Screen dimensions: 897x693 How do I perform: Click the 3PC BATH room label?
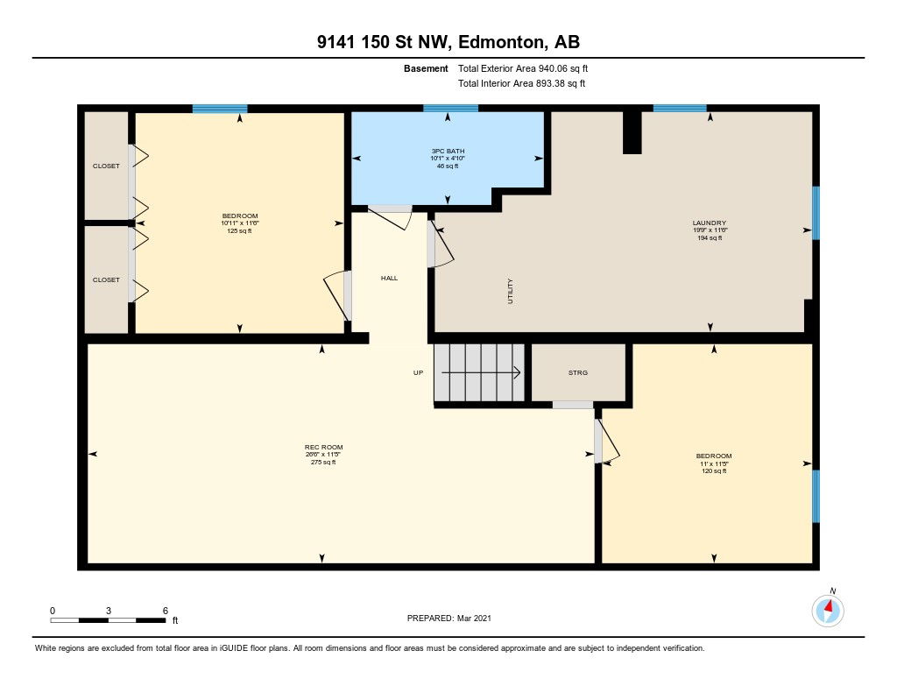coord(448,151)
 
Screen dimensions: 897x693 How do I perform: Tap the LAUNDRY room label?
coord(710,223)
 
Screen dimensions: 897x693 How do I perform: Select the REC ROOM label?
coord(324,447)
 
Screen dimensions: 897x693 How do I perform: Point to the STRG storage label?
coord(578,372)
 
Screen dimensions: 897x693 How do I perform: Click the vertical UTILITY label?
coord(511,291)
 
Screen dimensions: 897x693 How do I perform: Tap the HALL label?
coord(390,278)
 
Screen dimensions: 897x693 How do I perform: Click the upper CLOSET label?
coord(106,166)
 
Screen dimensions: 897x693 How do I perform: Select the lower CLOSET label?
coord(106,279)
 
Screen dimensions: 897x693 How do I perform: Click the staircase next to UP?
coord(479,372)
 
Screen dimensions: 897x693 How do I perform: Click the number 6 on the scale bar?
coord(166,611)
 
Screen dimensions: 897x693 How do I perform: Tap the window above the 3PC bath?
coord(451,108)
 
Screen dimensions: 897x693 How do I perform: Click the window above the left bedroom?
coord(220,109)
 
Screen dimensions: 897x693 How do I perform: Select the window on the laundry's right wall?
coord(816,213)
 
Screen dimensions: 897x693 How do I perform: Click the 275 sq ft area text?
coord(324,462)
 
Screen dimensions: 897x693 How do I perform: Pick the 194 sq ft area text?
coord(710,237)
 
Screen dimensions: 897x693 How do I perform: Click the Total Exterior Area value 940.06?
coord(554,68)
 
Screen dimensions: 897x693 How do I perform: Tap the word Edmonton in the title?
coord(500,42)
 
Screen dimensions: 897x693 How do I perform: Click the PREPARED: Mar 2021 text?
coord(449,618)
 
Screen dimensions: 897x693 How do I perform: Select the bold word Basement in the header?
coord(426,68)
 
